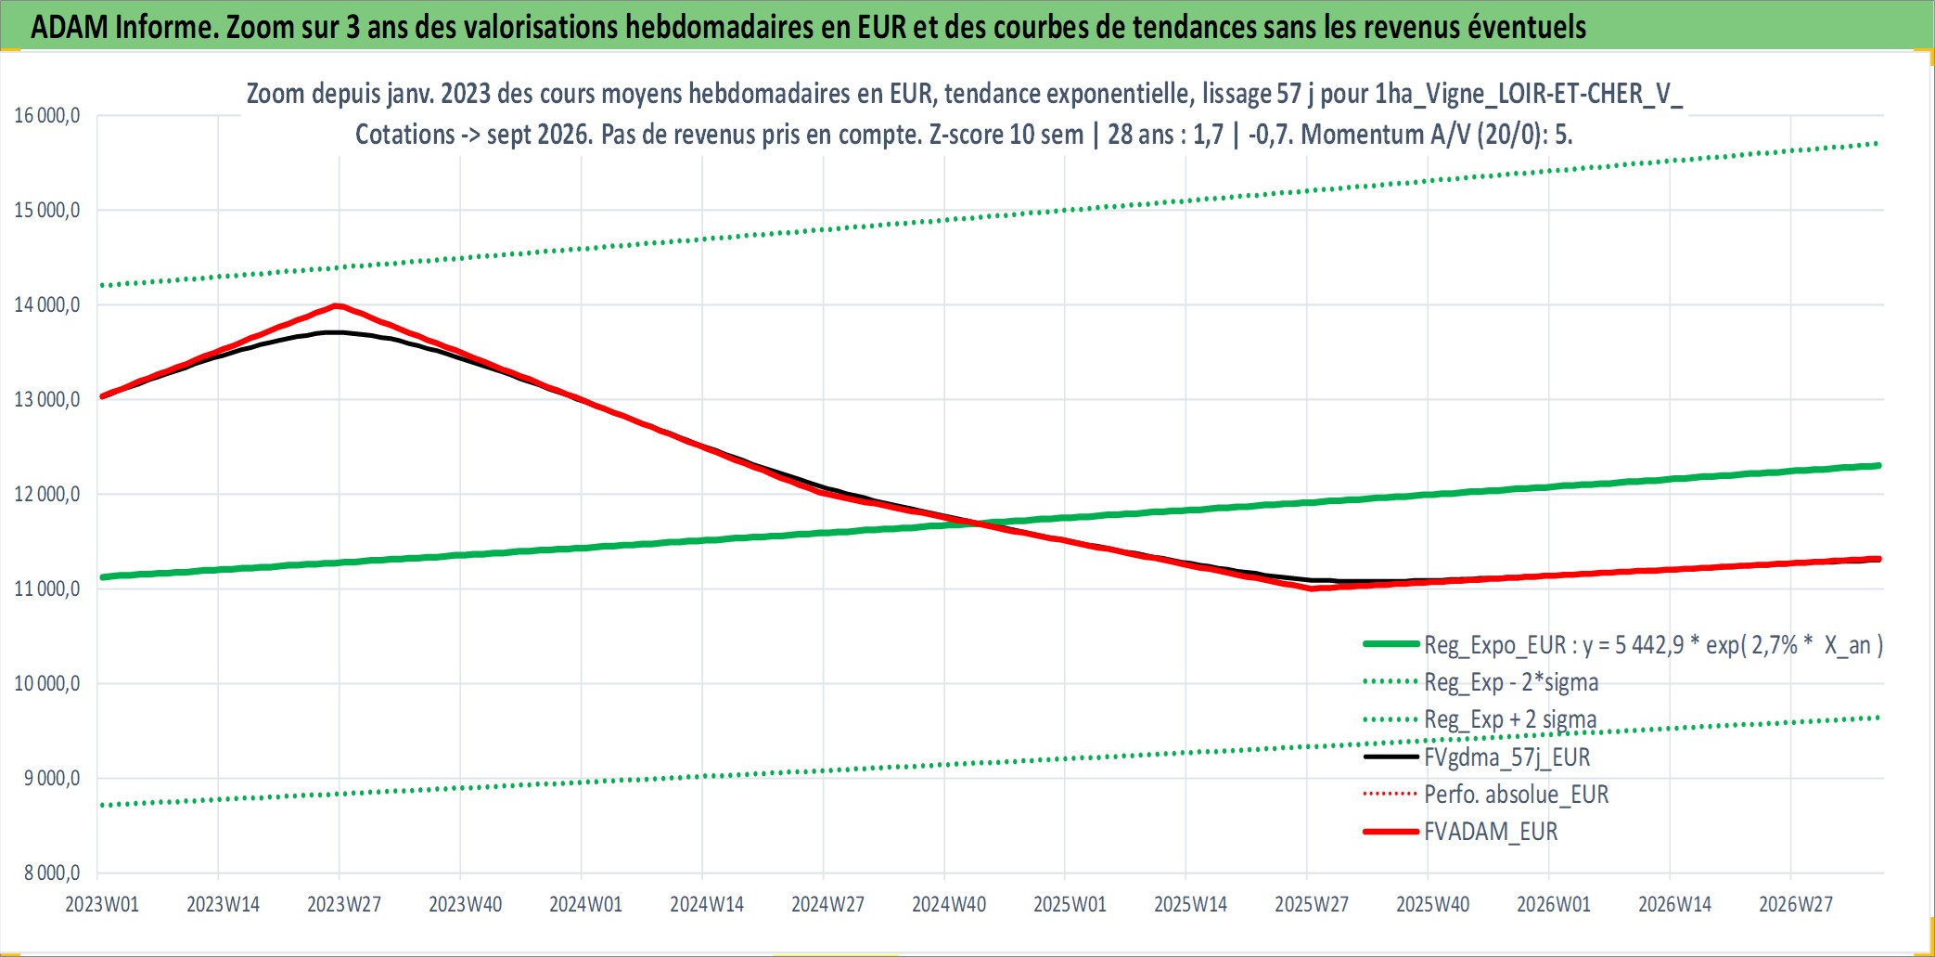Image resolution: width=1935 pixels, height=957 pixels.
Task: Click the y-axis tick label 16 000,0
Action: (x=47, y=116)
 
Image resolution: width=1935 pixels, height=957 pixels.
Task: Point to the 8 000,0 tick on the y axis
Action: (x=52, y=873)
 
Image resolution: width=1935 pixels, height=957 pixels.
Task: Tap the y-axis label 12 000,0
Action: (x=47, y=494)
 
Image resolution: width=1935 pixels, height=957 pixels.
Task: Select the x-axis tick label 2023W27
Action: (x=344, y=904)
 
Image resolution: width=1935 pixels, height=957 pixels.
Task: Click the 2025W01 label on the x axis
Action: (x=1070, y=904)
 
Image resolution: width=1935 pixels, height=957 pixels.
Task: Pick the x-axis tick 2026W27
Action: (x=1796, y=904)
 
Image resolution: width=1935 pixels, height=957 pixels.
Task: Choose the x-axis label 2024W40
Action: (x=949, y=904)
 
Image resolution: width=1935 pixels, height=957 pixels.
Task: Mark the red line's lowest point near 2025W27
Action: (x=1312, y=588)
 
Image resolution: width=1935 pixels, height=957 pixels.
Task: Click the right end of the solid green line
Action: (x=1878, y=466)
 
